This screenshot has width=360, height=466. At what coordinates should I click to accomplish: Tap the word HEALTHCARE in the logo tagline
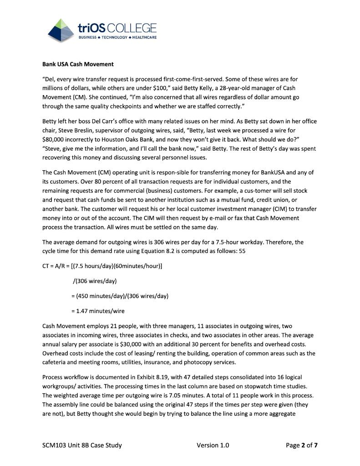pos(144,37)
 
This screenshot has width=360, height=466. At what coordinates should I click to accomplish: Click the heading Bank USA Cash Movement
pos(78,64)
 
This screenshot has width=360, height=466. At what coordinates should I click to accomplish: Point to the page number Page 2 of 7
pos(302,445)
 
